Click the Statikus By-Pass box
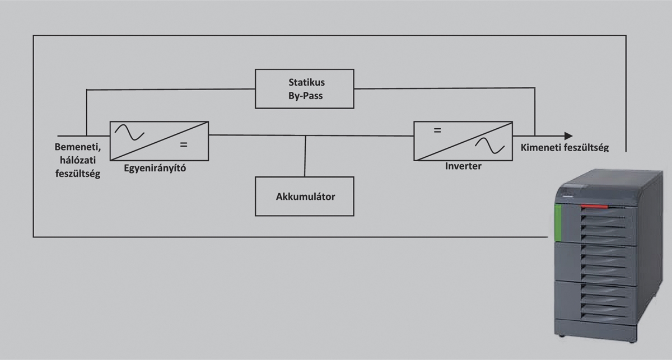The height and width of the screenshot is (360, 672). (x=305, y=88)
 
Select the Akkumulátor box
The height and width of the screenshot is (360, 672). (x=305, y=196)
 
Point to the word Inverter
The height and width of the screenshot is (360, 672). (x=463, y=166)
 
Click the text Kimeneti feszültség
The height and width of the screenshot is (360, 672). (x=564, y=148)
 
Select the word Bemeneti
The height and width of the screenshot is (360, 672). (x=77, y=148)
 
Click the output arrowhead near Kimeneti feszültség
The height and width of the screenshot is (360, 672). (x=568, y=135)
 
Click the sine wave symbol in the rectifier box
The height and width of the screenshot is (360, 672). (x=130, y=132)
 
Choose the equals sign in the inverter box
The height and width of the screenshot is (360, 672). (x=437, y=131)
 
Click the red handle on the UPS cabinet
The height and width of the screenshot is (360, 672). (x=594, y=206)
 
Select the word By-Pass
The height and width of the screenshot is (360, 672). (x=305, y=96)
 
